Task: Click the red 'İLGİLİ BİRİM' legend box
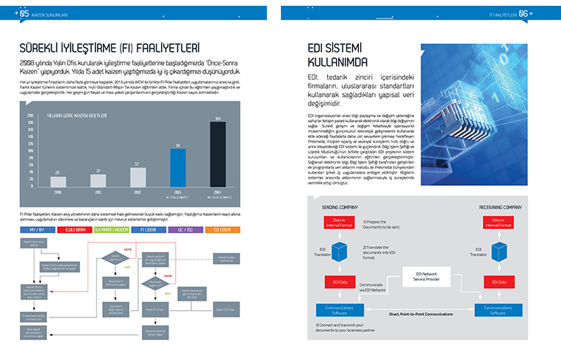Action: pyautogui.click(x=77, y=229)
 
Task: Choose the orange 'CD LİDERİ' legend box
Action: pyautogui.click(x=222, y=229)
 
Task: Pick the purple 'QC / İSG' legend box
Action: pyautogui.click(x=186, y=229)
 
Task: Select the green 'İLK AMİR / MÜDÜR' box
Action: pyautogui.click(x=113, y=229)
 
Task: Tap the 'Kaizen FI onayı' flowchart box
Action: pyautogui.click(x=154, y=309)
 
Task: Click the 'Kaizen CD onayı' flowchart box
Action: pyautogui.click(x=226, y=309)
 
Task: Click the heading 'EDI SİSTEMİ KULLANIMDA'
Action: pyautogui.click(x=338, y=57)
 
